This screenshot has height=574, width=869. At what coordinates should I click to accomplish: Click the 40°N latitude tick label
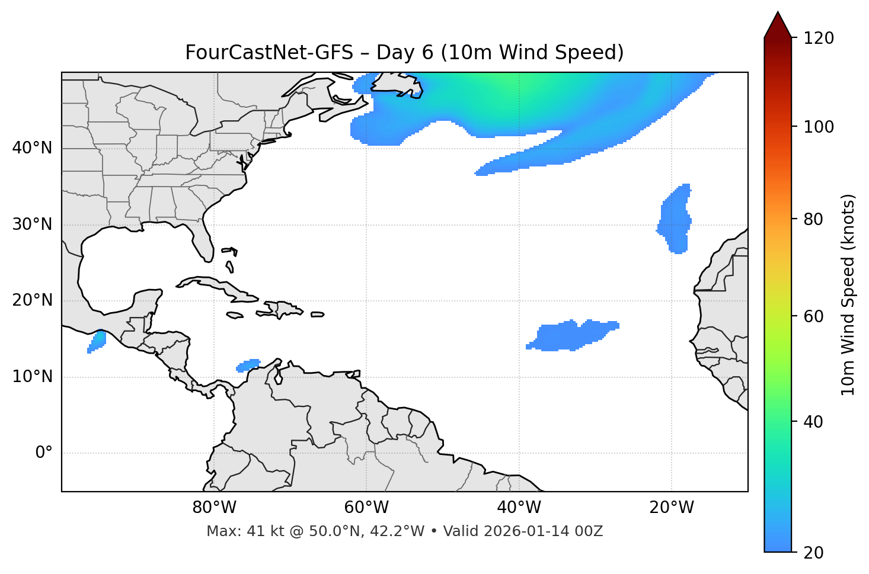(x=32, y=148)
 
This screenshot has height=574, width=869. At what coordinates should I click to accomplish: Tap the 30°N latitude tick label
(x=32, y=225)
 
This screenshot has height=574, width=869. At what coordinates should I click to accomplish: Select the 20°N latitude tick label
(x=32, y=300)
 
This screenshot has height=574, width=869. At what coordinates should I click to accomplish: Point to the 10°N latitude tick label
(x=32, y=377)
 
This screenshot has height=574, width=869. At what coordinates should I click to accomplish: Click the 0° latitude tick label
(x=44, y=453)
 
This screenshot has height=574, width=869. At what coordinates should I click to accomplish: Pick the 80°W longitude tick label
(x=214, y=508)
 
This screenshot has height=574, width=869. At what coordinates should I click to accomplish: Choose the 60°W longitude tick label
(x=366, y=508)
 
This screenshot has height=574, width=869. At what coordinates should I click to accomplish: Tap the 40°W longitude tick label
(x=519, y=508)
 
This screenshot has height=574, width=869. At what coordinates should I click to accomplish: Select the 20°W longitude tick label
(x=672, y=508)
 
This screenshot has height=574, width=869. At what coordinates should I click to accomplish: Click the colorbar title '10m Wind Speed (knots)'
(x=848, y=295)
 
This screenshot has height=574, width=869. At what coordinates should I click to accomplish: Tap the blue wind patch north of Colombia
(x=248, y=365)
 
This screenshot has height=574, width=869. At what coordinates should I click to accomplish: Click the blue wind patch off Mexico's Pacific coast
(x=97, y=342)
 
